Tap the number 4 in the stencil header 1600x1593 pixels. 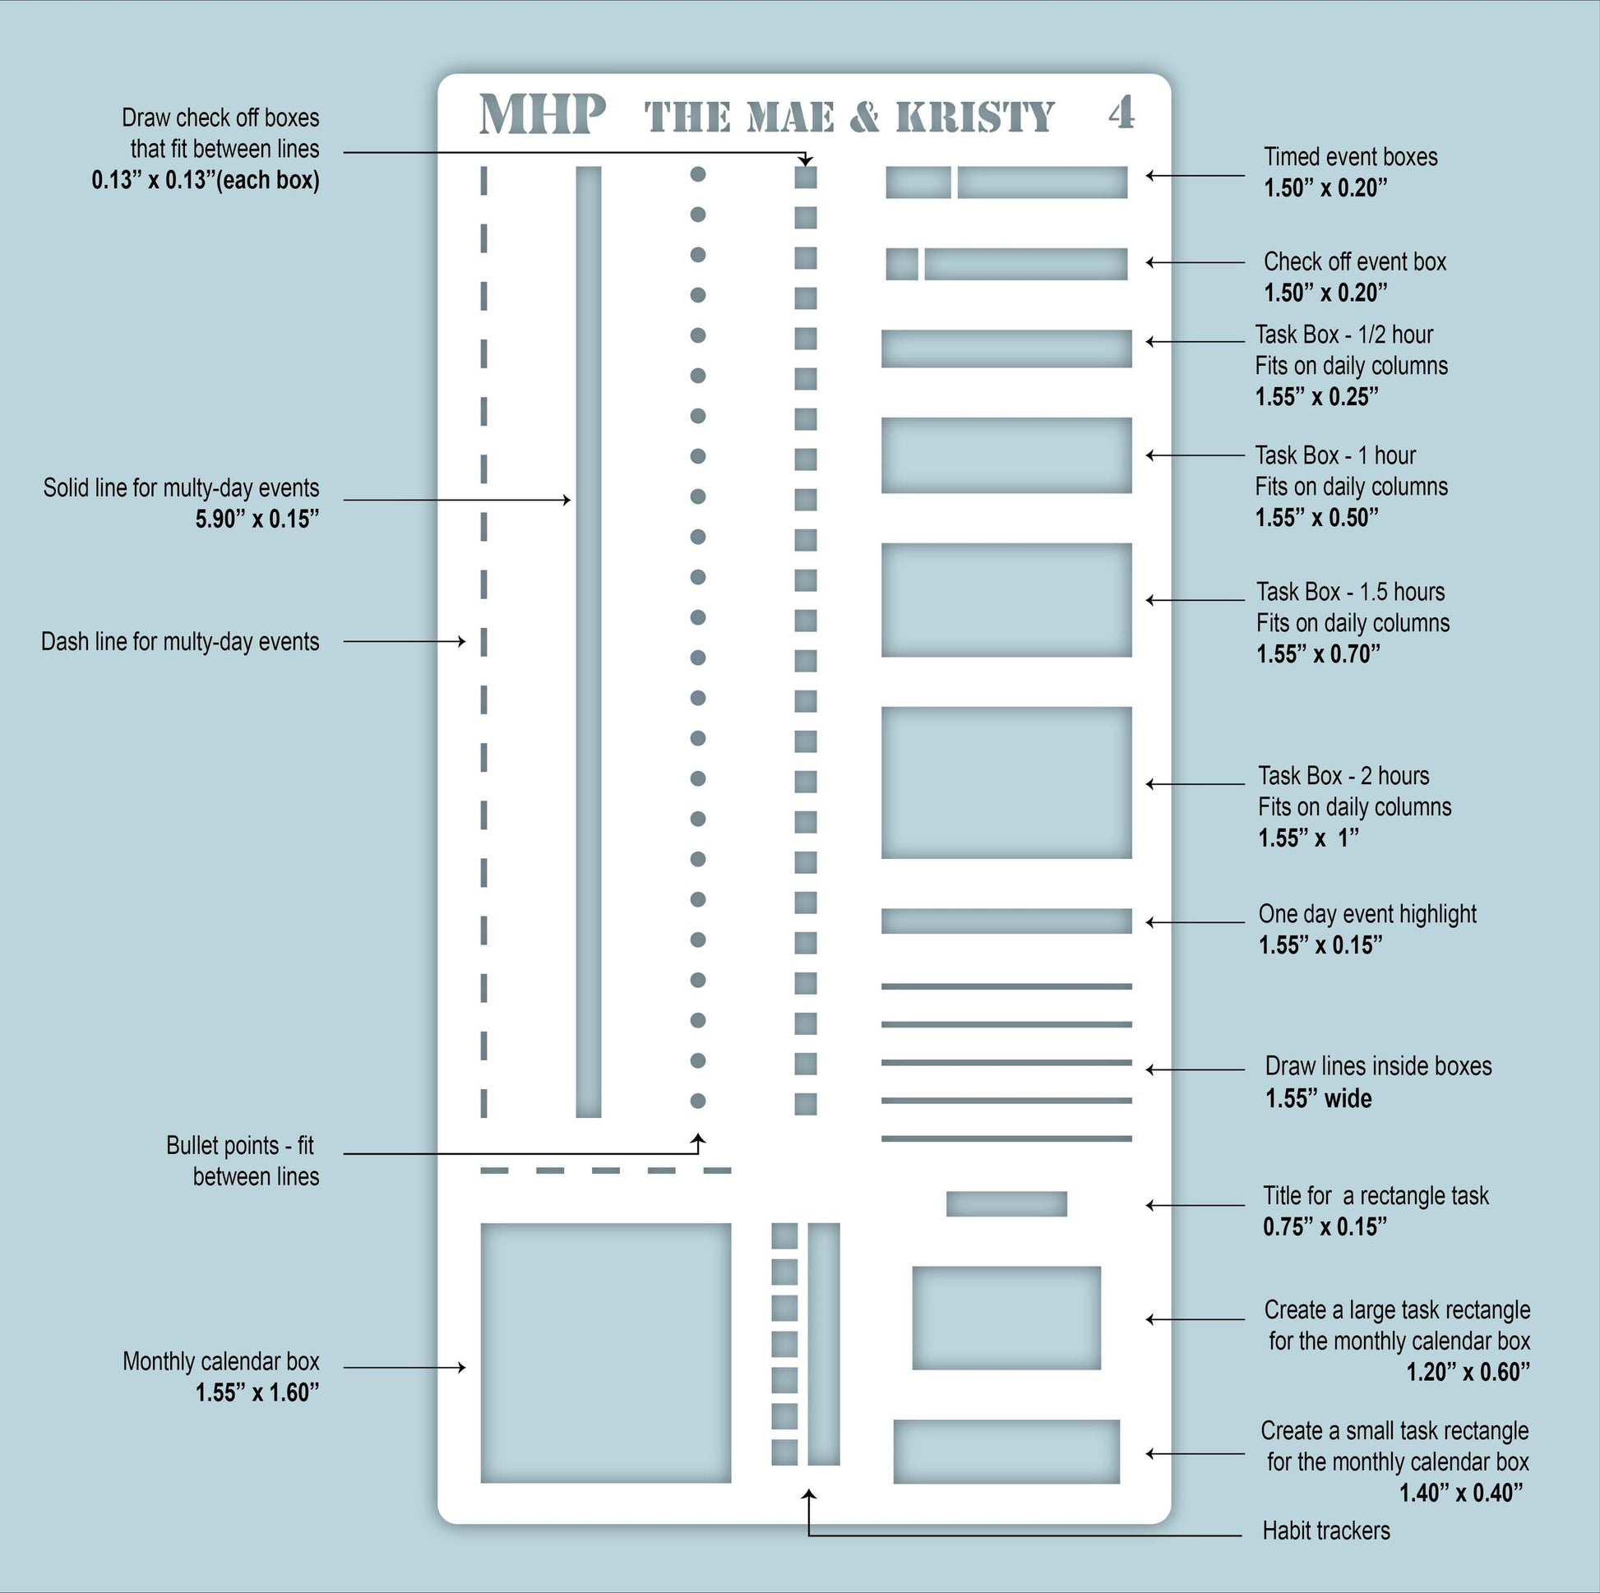click(1121, 113)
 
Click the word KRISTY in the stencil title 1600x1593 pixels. click(975, 117)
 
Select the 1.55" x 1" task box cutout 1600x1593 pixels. click(1006, 783)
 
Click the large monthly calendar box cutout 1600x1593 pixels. click(605, 1353)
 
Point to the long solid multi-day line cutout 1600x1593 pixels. click(588, 642)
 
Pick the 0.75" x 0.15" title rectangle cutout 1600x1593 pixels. click(1006, 1204)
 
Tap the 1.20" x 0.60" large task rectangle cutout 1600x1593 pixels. click(1006, 1318)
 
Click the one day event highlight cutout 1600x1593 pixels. click(1006, 921)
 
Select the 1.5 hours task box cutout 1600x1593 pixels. click(1006, 600)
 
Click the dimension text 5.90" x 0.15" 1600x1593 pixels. click(257, 519)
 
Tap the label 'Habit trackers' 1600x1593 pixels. click(1326, 1531)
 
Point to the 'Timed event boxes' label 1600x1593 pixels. click(1350, 156)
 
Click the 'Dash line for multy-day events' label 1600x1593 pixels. click(180, 642)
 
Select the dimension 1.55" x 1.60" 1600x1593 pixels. click(257, 1392)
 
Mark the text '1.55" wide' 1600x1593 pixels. click(1318, 1099)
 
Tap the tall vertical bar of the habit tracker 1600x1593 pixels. click(823, 1344)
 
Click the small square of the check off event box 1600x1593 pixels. click(902, 264)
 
